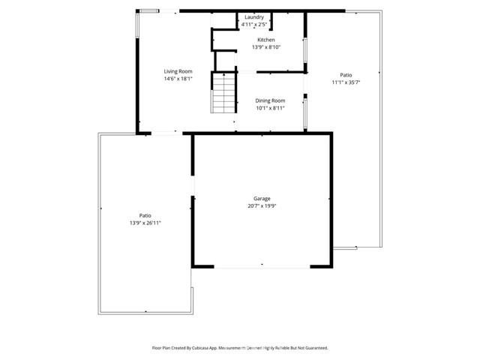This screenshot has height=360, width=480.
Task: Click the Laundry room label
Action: click(x=253, y=16)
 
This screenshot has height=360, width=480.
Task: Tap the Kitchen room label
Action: click(x=266, y=40)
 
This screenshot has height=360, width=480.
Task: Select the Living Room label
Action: click(x=178, y=71)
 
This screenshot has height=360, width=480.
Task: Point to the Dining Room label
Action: click(x=270, y=100)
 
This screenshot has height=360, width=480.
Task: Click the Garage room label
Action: click(x=261, y=199)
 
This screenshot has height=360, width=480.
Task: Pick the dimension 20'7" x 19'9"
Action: click(x=261, y=206)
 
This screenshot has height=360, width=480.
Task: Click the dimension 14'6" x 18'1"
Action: click(x=178, y=79)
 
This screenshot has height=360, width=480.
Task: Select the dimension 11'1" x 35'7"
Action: click(x=346, y=82)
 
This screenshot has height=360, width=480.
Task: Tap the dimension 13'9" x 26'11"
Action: click(x=145, y=223)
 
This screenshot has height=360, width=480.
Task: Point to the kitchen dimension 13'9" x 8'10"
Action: click(x=266, y=47)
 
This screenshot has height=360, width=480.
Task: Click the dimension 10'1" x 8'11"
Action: click(x=270, y=108)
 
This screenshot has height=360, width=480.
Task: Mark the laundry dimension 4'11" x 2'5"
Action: click(x=253, y=24)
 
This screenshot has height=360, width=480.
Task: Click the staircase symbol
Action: click(x=223, y=93)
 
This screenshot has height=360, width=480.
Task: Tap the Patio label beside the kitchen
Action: click(x=346, y=75)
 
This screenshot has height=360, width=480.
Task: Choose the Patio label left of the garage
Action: click(x=145, y=215)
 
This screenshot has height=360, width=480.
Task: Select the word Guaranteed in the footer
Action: click(x=313, y=348)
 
